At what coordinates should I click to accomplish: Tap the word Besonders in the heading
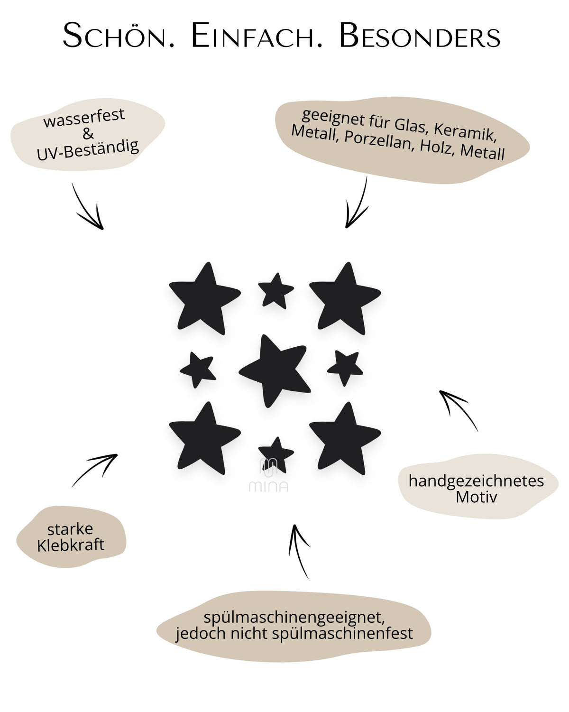coord(420,36)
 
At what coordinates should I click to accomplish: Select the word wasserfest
coord(84,118)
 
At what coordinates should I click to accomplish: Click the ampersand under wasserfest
coord(88,134)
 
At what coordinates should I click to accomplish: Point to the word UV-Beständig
coord(88,150)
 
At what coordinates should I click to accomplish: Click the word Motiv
coord(476,497)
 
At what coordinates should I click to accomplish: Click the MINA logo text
coord(268,486)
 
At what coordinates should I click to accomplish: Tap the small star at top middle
coord(276,291)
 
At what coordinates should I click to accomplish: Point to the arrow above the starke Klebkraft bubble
coord(95,470)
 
